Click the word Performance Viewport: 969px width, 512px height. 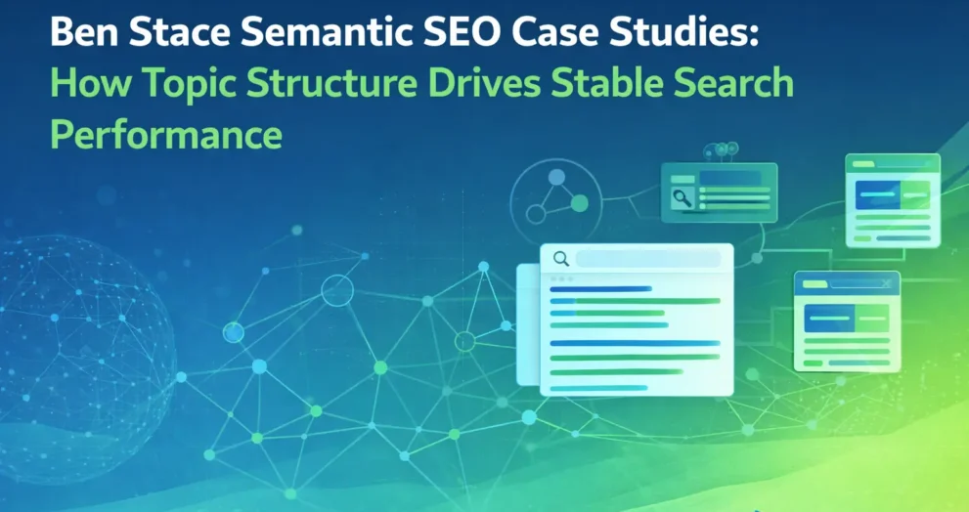point(166,134)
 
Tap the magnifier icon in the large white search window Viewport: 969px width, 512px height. point(561,259)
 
